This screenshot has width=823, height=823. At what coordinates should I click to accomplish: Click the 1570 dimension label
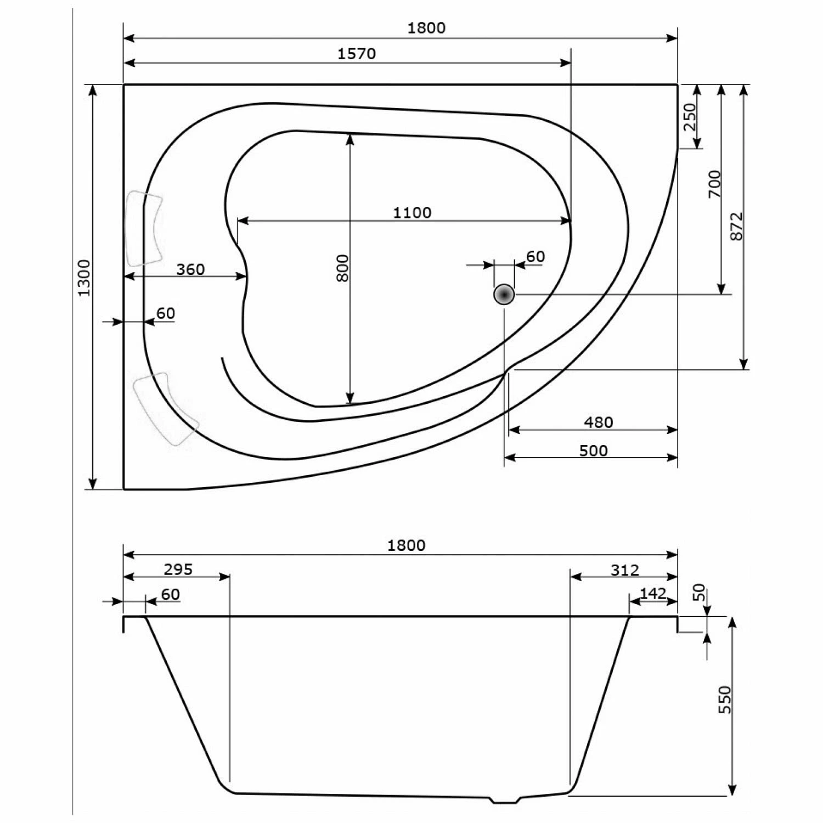click(356, 54)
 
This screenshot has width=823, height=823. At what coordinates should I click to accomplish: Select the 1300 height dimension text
click(83, 278)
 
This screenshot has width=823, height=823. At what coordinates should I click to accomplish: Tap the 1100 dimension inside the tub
click(412, 212)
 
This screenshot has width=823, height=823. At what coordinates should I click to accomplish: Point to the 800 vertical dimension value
click(342, 268)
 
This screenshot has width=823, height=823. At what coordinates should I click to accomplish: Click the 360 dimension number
click(190, 269)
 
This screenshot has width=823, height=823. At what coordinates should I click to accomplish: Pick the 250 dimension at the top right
click(689, 116)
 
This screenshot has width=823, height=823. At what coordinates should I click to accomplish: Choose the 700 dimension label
click(714, 184)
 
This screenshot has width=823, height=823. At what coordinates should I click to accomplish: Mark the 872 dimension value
click(736, 226)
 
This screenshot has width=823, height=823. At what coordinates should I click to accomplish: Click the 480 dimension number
click(598, 422)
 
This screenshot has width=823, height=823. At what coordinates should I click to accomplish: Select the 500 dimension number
click(593, 450)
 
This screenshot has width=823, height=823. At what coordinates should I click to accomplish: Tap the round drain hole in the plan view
click(504, 295)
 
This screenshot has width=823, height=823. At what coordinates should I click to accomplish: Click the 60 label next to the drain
click(535, 257)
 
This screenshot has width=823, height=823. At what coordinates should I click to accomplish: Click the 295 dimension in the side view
click(178, 570)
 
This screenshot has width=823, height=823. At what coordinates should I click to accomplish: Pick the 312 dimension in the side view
click(625, 570)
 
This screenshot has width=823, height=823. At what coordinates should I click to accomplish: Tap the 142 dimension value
click(653, 593)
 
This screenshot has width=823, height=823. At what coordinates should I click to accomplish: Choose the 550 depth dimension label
click(725, 700)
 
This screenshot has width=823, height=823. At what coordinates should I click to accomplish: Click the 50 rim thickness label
click(698, 592)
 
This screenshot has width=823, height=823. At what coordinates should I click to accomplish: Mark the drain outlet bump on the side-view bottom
click(505, 800)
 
